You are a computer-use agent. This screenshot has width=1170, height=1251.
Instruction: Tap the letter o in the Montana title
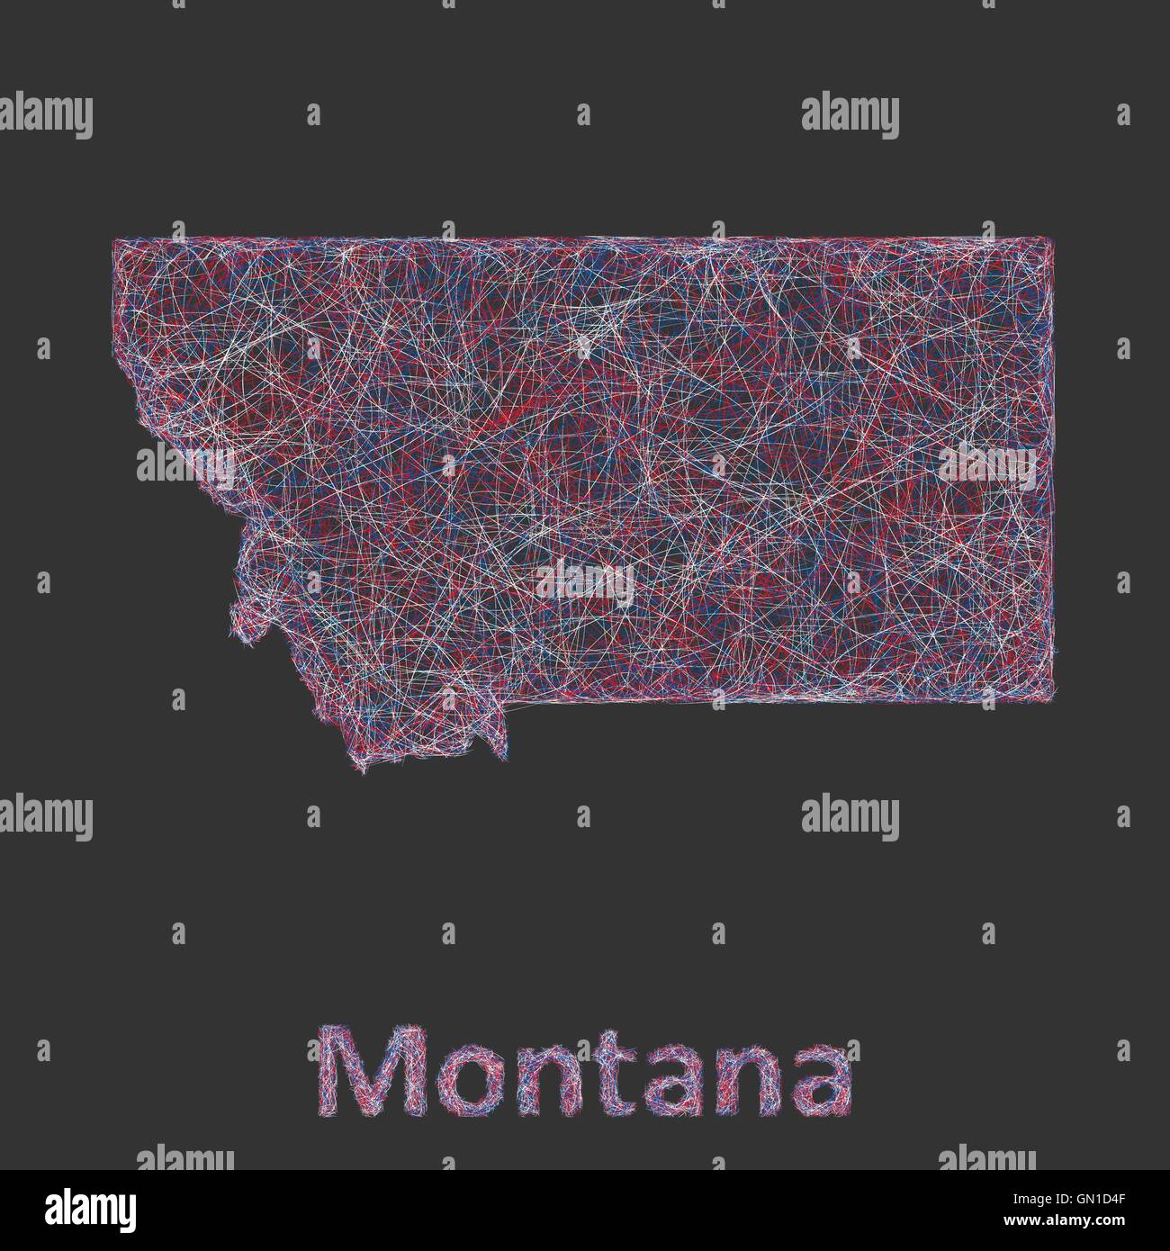tap(443, 1084)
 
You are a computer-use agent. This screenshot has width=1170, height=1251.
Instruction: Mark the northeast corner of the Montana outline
tap(1051, 238)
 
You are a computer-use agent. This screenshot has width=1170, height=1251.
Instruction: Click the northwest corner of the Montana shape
tap(113, 239)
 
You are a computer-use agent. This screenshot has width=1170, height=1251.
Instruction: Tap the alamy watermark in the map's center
tap(585, 581)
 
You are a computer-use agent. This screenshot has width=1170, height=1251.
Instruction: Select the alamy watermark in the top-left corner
tap(45, 117)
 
